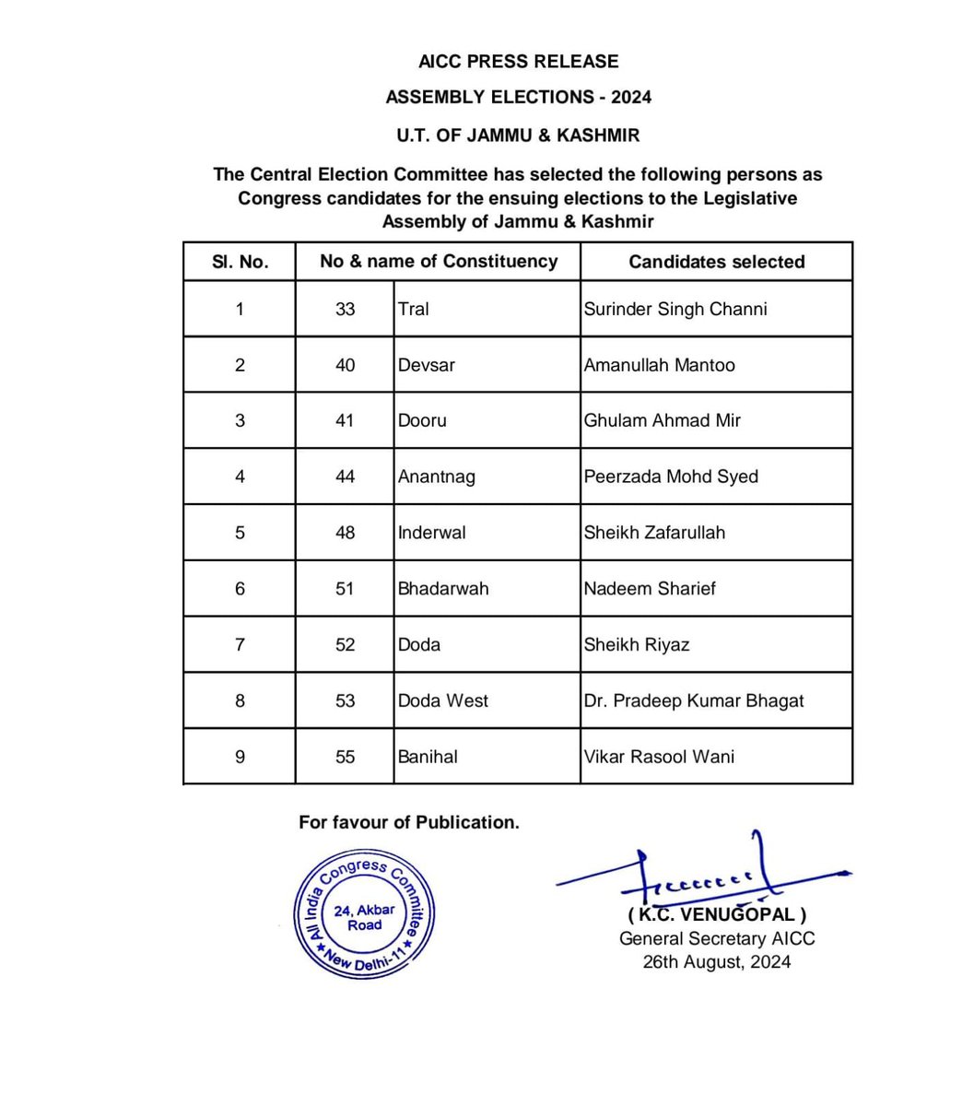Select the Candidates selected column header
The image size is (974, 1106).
[x=716, y=262]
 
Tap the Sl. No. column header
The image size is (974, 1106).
[x=240, y=262]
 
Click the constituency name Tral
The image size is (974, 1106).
[x=413, y=309]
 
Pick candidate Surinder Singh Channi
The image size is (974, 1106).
[x=675, y=309]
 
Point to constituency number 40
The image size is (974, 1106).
[x=345, y=365]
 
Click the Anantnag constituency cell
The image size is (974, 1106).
[x=437, y=477]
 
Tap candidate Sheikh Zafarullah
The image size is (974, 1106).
[x=654, y=533]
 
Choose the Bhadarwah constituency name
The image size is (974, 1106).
[x=443, y=588]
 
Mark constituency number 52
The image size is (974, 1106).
[x=345, y=644]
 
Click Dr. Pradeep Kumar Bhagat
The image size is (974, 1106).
[x=693, y=700]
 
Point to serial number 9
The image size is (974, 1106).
[x=240, y=757]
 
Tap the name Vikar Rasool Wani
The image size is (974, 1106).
[x=659, y=757]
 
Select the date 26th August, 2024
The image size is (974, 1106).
[x=716, y=962]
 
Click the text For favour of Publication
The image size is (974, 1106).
[x=408, y=822]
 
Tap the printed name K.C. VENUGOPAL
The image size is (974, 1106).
[x=716, y=915]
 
